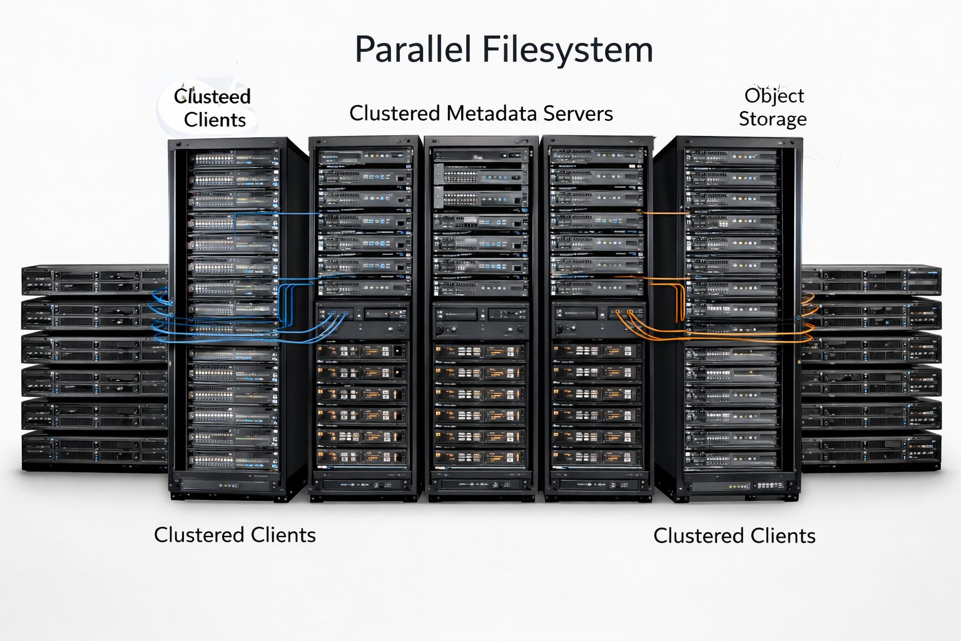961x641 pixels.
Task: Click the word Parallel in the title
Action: coord(413,49)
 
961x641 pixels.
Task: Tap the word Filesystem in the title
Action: coord(568,51)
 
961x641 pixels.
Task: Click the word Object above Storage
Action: coord(774,96)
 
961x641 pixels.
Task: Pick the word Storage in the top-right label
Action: coord(773,119)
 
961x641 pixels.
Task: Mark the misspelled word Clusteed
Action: coord(212,96)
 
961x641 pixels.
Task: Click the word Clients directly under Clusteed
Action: coord(215,120)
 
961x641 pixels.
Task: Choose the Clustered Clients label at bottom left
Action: coord(235,535)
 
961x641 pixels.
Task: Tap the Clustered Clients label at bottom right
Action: coord(734,536)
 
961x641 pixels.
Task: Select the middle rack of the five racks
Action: coord(480,313)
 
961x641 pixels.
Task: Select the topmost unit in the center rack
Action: coord(480,155)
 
